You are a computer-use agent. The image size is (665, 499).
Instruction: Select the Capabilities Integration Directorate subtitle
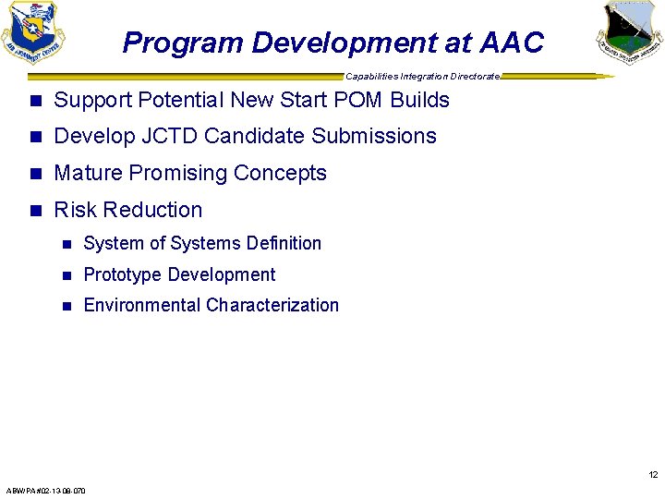click(x=422, y=76)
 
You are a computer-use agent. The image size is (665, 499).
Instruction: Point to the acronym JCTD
click(x=167, y=137)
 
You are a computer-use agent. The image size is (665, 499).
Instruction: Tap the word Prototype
click(x=123, y=275)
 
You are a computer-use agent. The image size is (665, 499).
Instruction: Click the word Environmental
click(x=142, y=306)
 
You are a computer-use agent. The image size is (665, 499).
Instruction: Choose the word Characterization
click(x=272, y=306)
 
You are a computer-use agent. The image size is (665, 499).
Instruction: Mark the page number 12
click(x=653, y=475)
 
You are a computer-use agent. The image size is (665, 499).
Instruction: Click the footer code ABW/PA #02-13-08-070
click(x=45, y=491)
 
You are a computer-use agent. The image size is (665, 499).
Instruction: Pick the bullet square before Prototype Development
click(x=65, y=275)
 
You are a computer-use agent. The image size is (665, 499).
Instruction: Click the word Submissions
click(x=374, y=137)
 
